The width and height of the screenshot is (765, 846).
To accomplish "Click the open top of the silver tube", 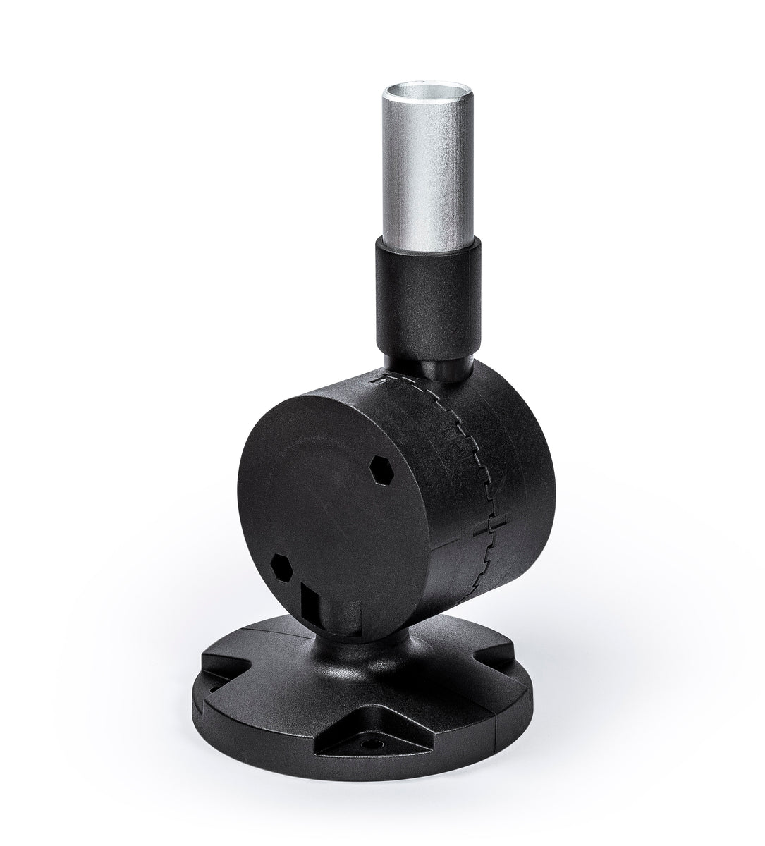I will click(427, 91).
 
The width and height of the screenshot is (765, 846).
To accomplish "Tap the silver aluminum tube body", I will click(427, 183).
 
